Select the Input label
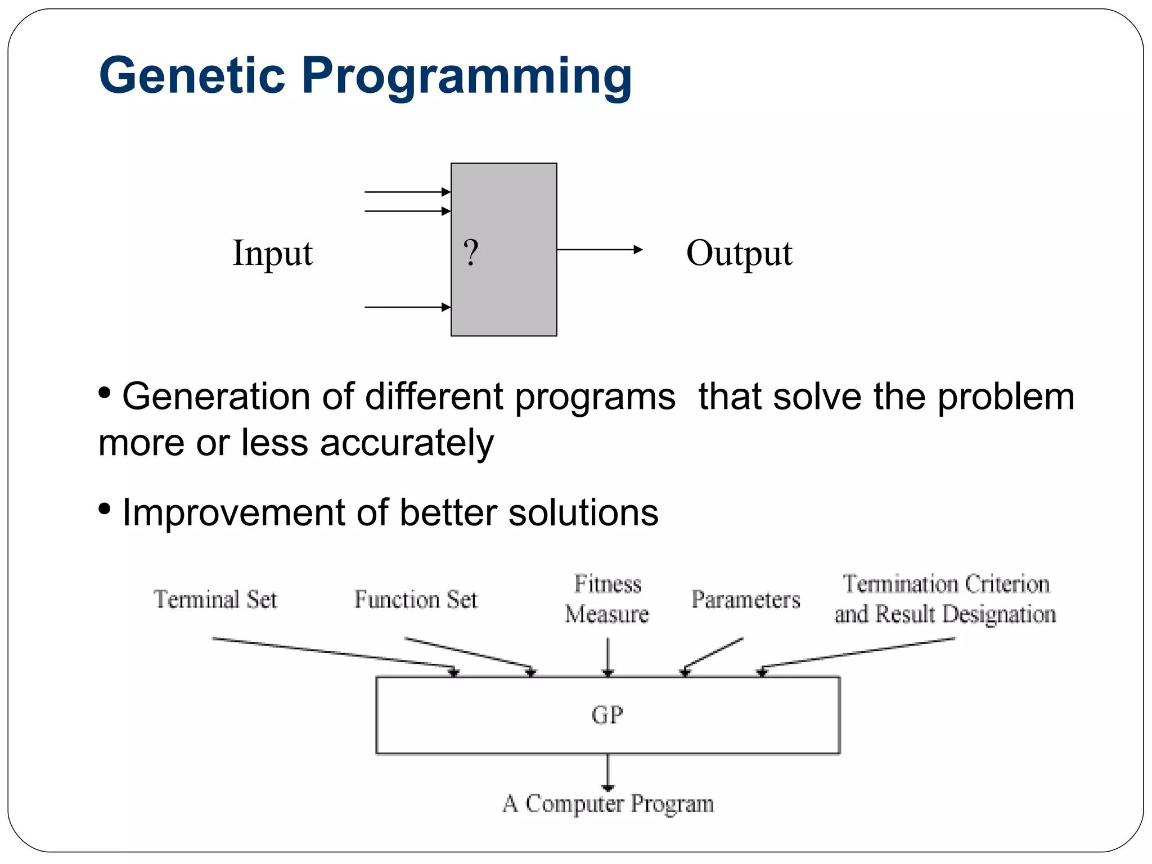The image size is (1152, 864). [272, 253]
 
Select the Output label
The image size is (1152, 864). [739, 253]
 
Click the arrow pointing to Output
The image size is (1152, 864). [599, 249]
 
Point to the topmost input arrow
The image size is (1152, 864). [407, 192]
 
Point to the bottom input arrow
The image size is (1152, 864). [407, 307]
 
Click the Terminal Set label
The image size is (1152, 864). [215, 600]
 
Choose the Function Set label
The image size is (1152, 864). [416, 600]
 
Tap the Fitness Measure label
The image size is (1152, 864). [607, 599]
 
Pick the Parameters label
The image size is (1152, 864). [745, 600]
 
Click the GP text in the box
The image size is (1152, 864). [607, 715]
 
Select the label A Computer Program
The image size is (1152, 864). [608, 803]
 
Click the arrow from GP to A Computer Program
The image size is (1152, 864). [607, 772]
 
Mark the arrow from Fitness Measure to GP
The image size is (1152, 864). [607, 656]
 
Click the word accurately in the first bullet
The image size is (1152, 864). [407, 443]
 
